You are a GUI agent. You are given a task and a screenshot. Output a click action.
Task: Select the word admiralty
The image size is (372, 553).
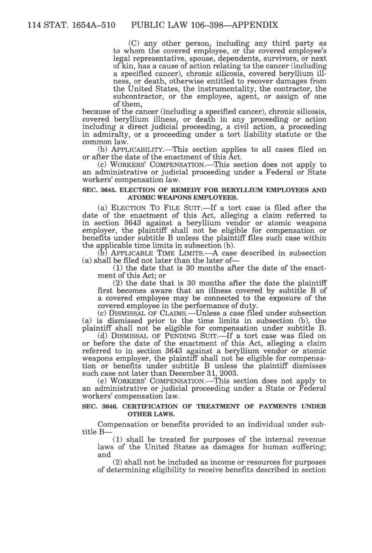pyautogui.click(x=107, y=135)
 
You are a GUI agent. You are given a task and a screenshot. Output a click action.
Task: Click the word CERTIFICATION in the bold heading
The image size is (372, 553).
pyautogui.click(x=152, y=406)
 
